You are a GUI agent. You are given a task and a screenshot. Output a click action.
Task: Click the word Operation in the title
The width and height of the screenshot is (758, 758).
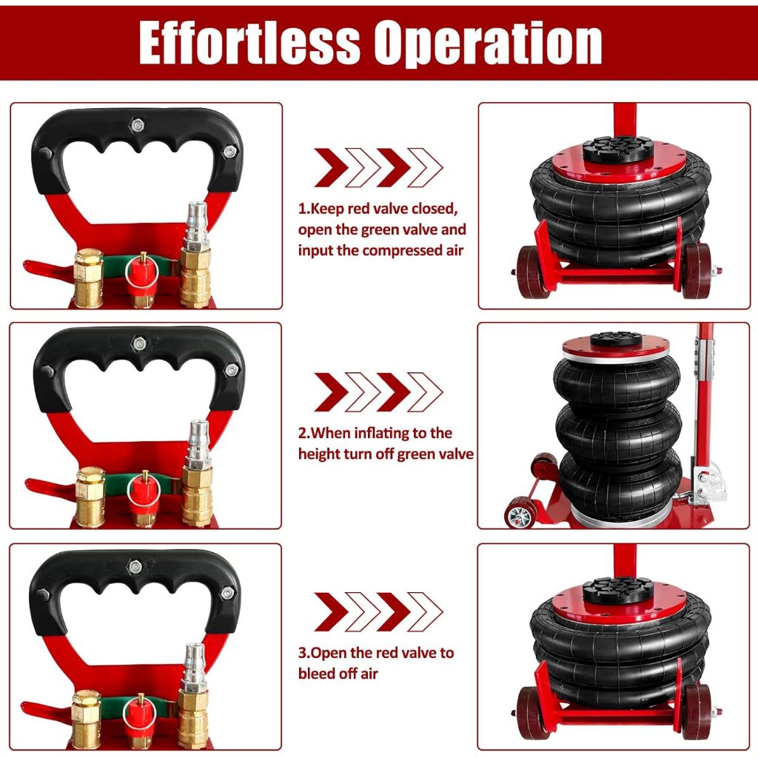(x=489, y=44)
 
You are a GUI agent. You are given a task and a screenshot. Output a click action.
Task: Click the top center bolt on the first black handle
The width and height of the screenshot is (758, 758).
(x=138, y=126)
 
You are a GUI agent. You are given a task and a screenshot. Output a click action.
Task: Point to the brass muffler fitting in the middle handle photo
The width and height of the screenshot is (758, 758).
(x=90, y=496)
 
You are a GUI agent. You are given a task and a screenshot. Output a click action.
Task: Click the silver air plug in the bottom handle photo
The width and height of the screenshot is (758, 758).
(x=195, y=667)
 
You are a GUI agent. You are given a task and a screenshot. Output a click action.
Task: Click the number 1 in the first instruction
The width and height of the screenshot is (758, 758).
(x=303, y=209)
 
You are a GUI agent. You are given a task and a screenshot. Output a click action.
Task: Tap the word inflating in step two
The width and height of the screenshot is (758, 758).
(x=386, y=433)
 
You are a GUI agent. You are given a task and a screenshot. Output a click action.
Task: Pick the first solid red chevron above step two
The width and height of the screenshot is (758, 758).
(x=331, y=392)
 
